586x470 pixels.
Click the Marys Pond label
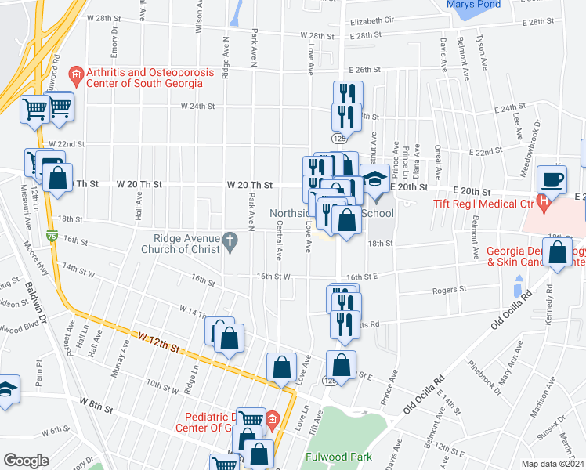pyautogui.click(x=472, y=5)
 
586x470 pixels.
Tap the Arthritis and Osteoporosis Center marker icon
pyautogui.click(x=77, y=77)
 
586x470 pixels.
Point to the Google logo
pyautogui.click(x=26, y=461)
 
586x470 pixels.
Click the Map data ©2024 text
pyautogui.click(x=552, y=464)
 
